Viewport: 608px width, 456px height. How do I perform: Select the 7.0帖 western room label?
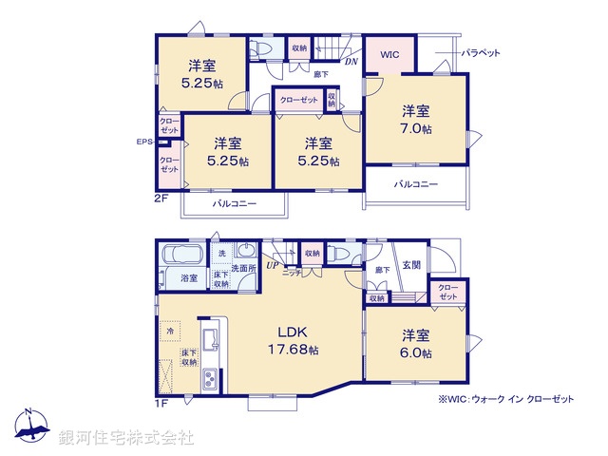(415, 120)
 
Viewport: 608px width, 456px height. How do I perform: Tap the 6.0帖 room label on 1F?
(415, 344)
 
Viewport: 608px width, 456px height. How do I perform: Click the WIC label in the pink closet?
(389, 55)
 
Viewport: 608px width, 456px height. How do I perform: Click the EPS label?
(144, 142)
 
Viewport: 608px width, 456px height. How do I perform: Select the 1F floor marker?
(161, 402)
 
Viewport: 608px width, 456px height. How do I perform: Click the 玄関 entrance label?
(410, 265)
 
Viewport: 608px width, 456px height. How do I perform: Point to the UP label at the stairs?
(272, 265)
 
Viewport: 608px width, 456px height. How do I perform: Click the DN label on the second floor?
(351, 63)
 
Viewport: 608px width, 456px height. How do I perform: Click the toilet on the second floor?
(261, 49)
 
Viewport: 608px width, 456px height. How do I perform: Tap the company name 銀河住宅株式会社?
(126, 437)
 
